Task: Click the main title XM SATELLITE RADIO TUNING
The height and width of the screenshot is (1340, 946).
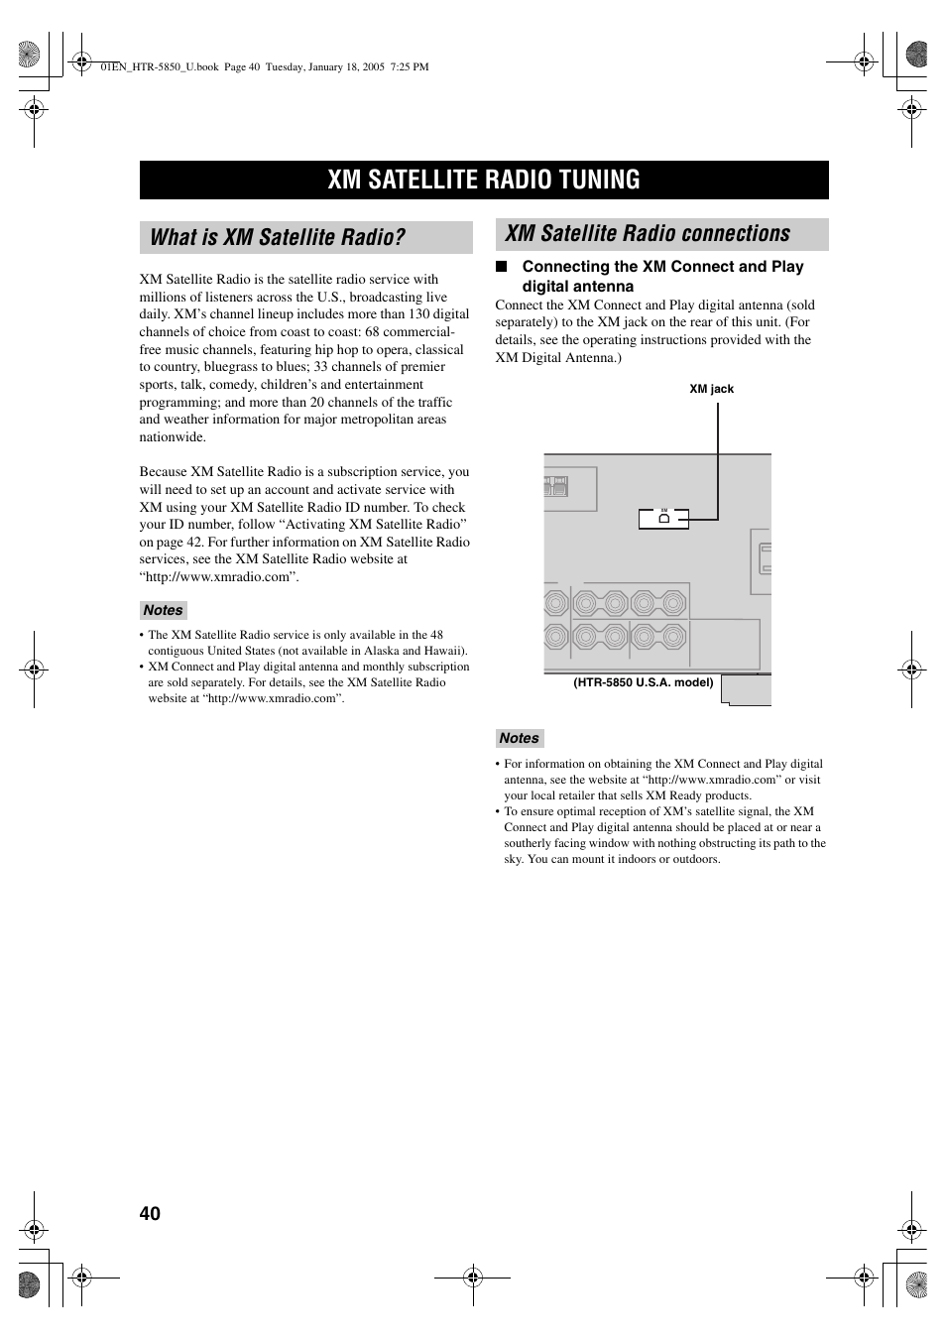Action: tap(484, 180)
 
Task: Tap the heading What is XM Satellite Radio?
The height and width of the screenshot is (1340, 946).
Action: tap(278, 237)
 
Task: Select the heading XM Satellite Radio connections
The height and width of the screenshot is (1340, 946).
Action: tap(648, 234)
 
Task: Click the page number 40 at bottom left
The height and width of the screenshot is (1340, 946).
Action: tap(150, 1214)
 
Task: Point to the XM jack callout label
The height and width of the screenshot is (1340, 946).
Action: tap(711, 389)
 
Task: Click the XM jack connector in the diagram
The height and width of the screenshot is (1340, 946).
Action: tap(663, 518)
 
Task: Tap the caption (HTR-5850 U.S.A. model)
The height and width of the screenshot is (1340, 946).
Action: tap(644, 682)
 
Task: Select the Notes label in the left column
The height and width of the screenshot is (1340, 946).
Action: tap(163, 611)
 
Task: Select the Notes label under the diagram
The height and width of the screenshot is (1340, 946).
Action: tap(519, 738)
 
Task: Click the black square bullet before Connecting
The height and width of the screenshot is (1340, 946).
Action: tap(502, 267)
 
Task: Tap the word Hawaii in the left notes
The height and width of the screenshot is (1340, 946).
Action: tap(443, 651)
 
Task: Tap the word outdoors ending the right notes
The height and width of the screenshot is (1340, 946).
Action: tap(695, 859)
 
